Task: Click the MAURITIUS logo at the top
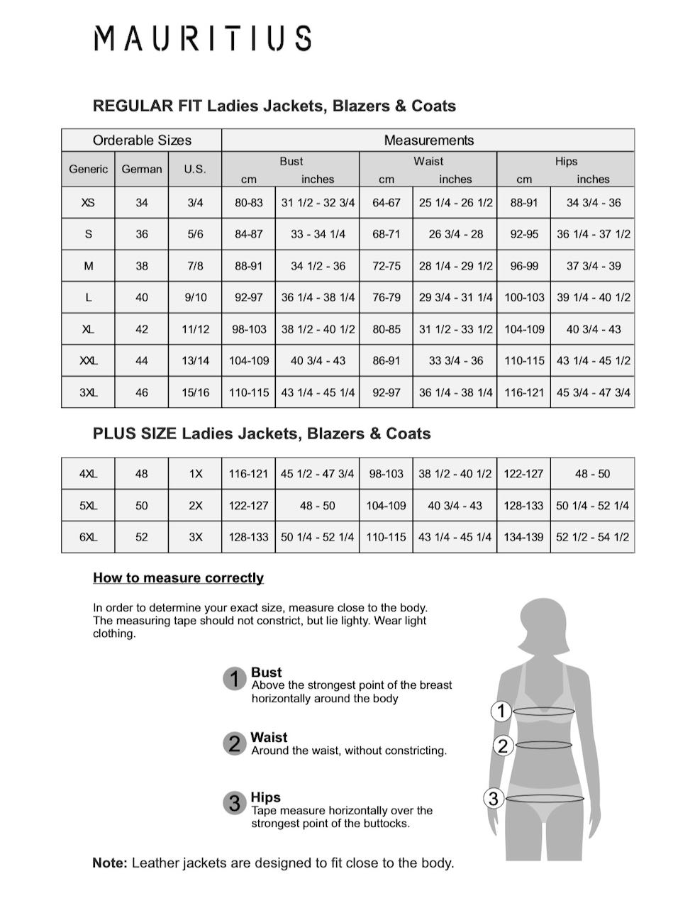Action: click(x=202, y=38)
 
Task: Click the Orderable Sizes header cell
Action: click(x=142, y=140)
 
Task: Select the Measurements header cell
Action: click(x=428, y=140)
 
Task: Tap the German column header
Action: click(x=142, y=169)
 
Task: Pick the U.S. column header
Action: click(x=195, y=169)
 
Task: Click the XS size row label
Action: click(x=88, y=202)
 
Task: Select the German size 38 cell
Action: click(x=142, y=265)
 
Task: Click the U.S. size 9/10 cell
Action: click(x=195, y=297)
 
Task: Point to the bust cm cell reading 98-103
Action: click(x=249, y=329)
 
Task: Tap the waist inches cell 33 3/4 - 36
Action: click(x=455, y=360)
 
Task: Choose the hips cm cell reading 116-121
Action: click(x=524, y=392)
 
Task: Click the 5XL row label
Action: click(x=88, y=505)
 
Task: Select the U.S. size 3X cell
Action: click(x=195, y=537)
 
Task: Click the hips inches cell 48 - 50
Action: click(x=593, y=474)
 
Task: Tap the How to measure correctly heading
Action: click(x=178, y=577)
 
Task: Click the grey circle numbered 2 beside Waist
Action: click(x=233, y=743)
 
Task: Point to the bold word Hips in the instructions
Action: click(x=265, y=797)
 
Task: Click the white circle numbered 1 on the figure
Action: click(x=501, y=711)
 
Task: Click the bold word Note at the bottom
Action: click(x=110, y=863)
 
